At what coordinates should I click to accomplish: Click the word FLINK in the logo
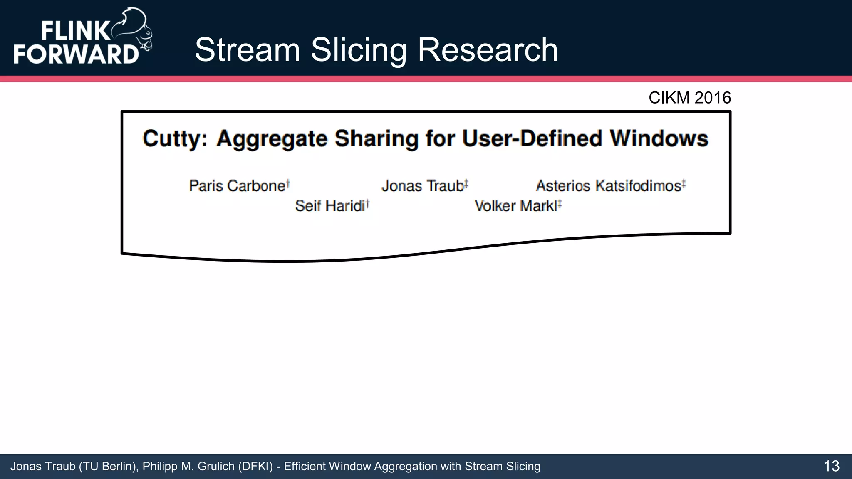click(75, 31)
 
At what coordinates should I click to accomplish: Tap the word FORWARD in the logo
click(76, 54)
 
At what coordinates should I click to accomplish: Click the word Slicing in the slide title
click(359, 50)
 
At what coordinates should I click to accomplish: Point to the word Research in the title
click(488, 50)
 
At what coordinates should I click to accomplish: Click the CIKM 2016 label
click(689, 98)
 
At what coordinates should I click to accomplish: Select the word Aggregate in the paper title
click(272, 138)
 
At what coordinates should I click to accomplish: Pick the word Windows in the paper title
click(659, 138)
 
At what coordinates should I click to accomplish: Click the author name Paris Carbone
click(237, 186)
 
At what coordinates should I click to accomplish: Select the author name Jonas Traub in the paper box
click(423, 186)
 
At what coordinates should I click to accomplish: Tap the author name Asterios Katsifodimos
click(608, 186)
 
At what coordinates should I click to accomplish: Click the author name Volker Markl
click(515, 206)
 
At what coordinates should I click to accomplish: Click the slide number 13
click(831, 466)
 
